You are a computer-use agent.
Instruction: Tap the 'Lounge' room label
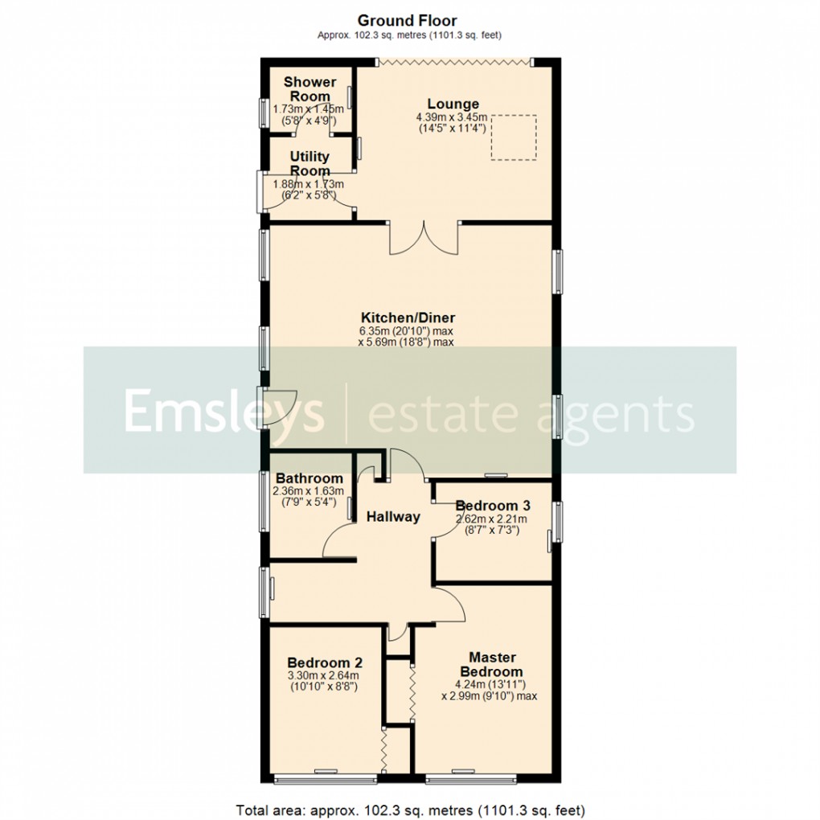pos(453,104)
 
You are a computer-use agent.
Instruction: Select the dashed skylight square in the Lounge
pos(513,137)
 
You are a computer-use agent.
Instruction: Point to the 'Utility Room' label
pos(310,163)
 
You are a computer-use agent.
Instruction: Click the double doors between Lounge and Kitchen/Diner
pos(424,238)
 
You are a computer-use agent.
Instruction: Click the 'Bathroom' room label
pos(308,478)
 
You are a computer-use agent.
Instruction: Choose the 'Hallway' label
pos(393,517)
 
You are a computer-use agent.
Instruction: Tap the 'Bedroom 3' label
pos(493,506)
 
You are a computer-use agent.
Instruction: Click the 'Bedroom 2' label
pos(324,663)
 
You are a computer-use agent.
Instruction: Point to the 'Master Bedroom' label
pos(493,664)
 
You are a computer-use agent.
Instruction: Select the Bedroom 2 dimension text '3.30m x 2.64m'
pos(324,675)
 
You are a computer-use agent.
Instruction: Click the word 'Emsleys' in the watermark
pos(223,412)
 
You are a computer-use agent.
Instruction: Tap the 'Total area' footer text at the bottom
pos(410,809)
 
